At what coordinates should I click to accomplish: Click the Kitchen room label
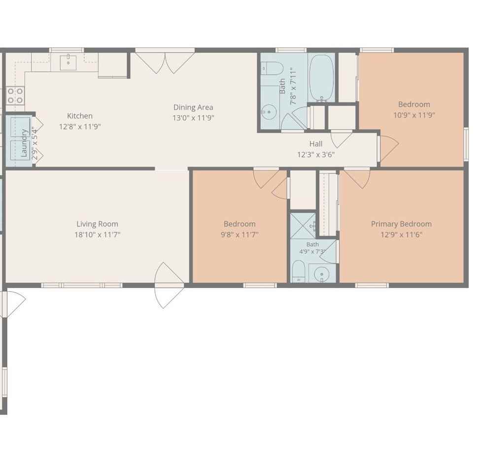pyautogui.click(x=80, y=116)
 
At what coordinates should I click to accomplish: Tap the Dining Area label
pyautogui.click(x=193, y=107)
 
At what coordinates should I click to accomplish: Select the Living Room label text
pyautogui.click(x=97, y=224)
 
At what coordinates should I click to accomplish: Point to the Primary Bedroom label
pyautogui.click(x=401, y=224)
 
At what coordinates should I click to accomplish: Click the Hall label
pyautogui.click(x=315, y=143)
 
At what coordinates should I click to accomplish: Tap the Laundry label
pyautogui.click(x=24, y=143)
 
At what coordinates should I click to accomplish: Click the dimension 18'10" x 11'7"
pyautogui.click(x=97, y=235)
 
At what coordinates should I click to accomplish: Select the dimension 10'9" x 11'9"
pyautogui.click(x=414, y=115)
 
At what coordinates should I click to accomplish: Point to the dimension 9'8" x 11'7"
pyautogui.click(x=240, y=235)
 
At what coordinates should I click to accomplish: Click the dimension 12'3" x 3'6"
pyautogui.click(x=315, y=154)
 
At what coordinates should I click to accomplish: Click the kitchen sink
pyautogui.click(x=68, y=62)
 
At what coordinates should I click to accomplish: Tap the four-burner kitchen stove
pyautogui.click(x=15, y=95)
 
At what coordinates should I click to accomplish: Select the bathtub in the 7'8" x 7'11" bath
pyautogui.click(x=321, y=78)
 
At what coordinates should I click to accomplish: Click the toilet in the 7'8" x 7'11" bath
pyautogui.click(x=272, y=68)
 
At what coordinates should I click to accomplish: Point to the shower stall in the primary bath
pyautogui.click(x=303, y=226)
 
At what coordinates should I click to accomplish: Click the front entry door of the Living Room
pyautogui.click(x=170, y=285)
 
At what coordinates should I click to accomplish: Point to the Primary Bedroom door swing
pyautogui.click(x=357, y=178)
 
